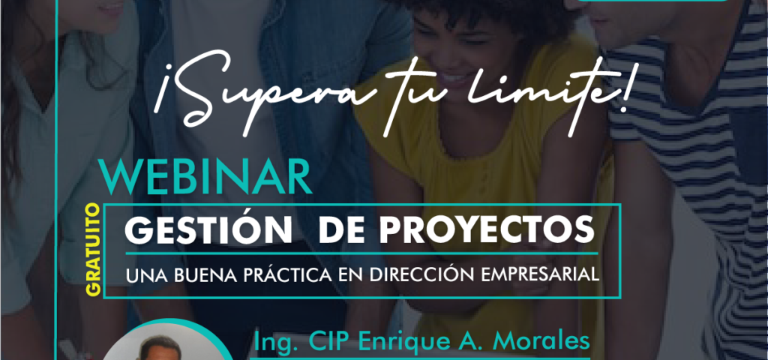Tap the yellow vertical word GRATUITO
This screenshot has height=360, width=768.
coord(93,250)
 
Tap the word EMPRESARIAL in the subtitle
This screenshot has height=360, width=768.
coord(540,274)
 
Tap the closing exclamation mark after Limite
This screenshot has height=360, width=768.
coord(623,91)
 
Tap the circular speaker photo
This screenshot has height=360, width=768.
coord(166,343)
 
